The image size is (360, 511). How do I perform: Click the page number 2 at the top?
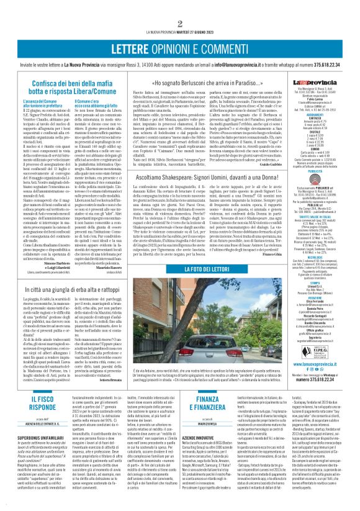(x=179, y=6)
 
